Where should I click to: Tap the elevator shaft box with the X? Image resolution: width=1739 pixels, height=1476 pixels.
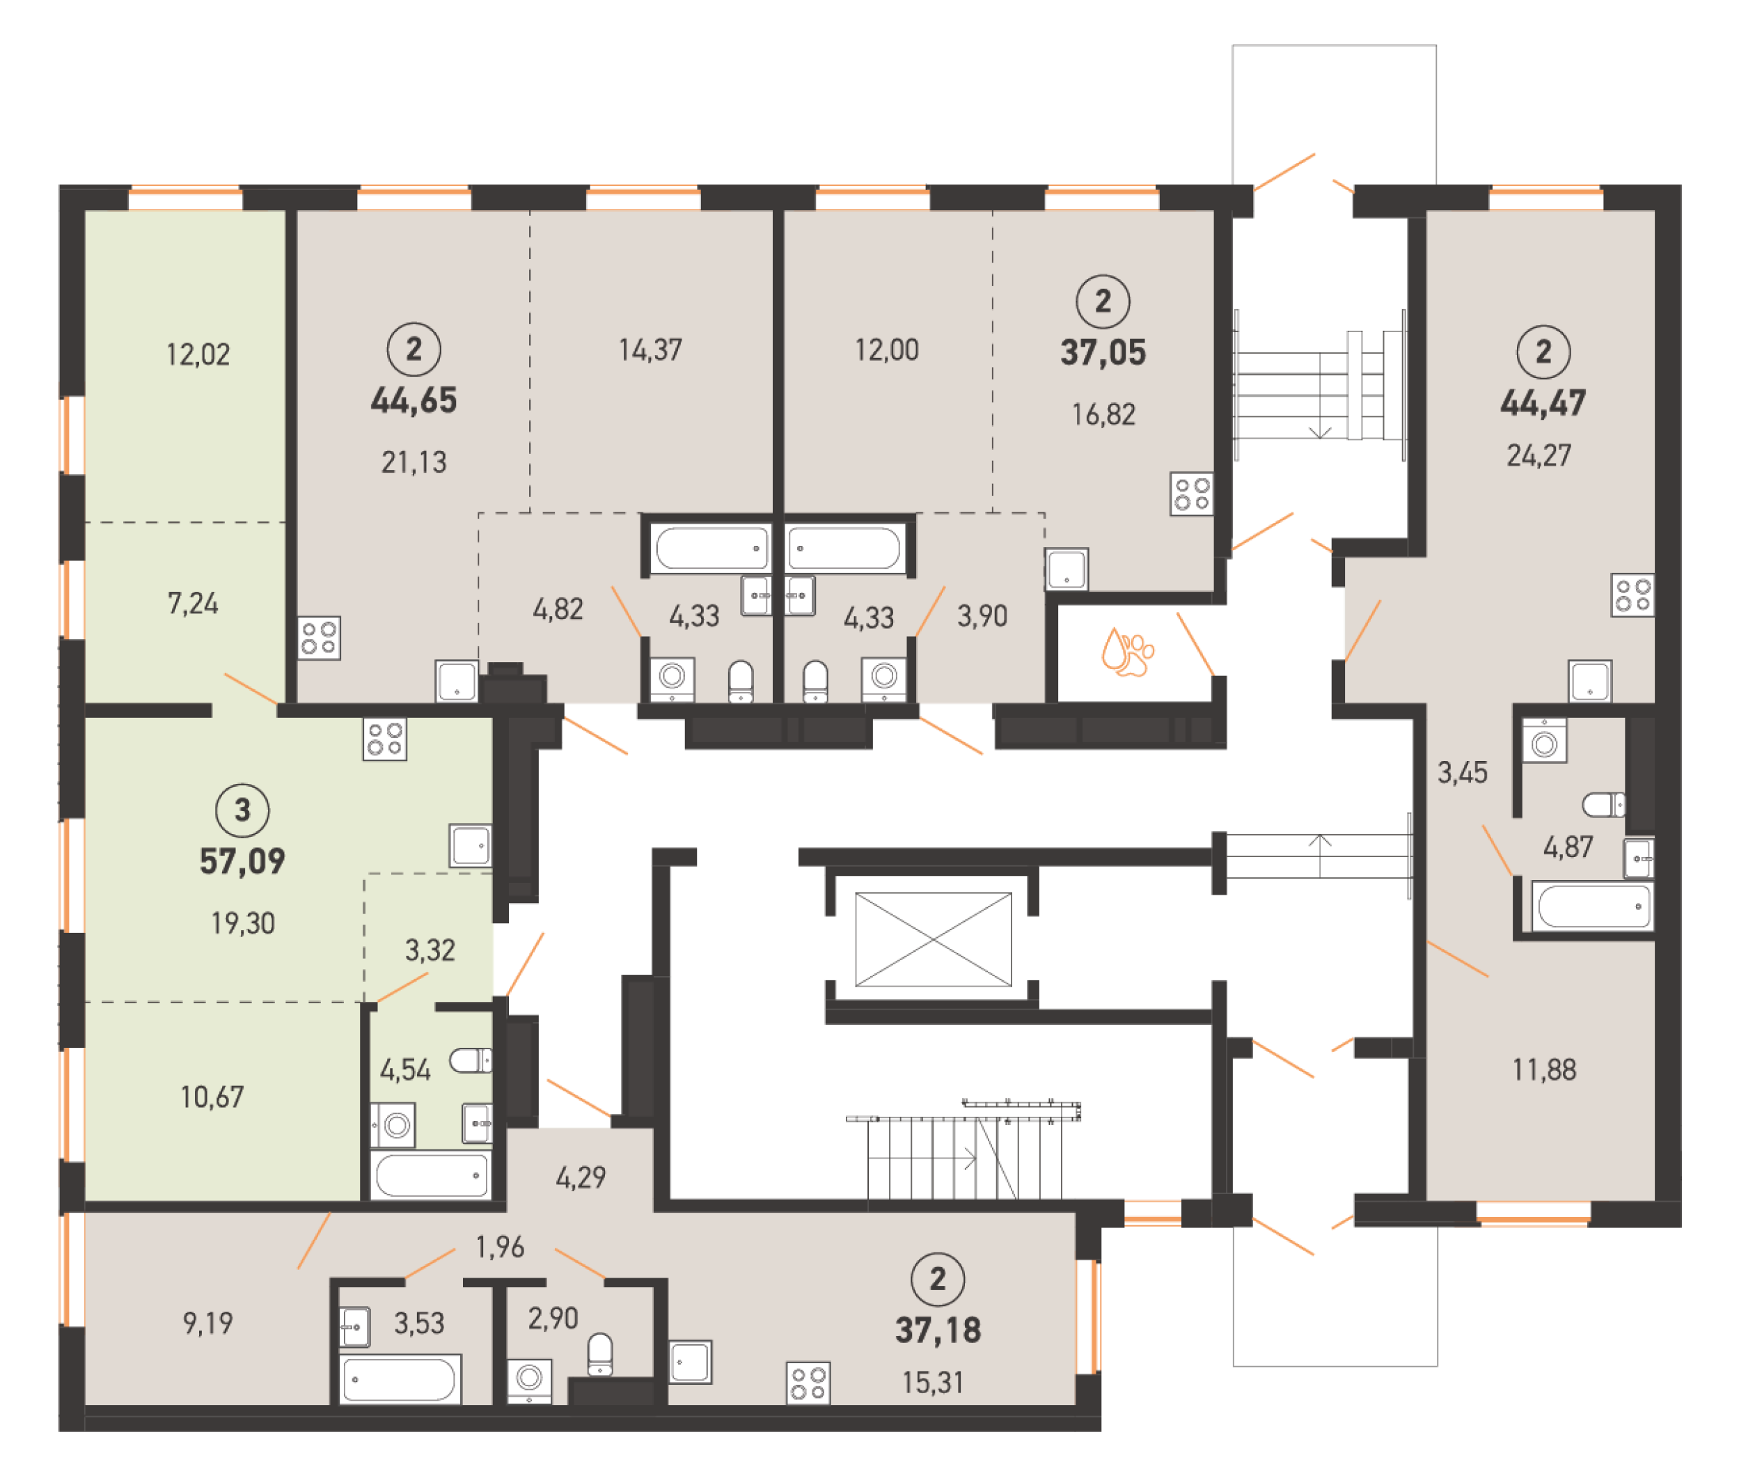[933, 939]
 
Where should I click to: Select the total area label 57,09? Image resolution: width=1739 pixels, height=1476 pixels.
[242, 861]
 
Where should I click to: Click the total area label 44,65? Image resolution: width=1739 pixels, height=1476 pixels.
[414, 400]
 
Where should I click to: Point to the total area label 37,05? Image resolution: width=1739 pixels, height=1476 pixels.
[1103, 352]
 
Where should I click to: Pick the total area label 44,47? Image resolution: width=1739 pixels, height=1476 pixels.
[1543, 403]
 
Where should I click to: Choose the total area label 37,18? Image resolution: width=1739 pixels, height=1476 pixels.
[938, 1330]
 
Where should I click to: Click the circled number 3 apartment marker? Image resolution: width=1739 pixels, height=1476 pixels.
[242, 810]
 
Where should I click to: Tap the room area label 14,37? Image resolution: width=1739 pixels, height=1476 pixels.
[650, 350]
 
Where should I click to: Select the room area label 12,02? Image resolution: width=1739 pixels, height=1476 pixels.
[198, 355]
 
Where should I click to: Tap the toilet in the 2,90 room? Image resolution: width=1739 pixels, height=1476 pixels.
[600, 1355]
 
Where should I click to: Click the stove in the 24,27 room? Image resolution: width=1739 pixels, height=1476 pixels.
[1632, 595]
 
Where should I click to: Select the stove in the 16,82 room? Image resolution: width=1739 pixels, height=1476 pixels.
[1191, 494]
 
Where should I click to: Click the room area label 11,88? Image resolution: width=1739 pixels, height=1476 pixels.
[1544, 1069]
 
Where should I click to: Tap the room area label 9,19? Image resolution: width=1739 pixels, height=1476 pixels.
[207, 1323]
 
